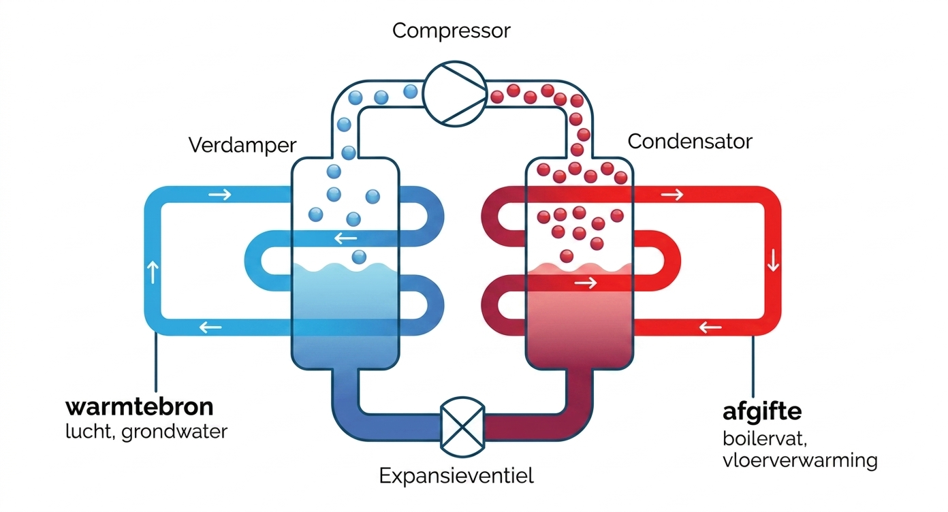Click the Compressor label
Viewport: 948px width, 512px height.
pos(451,31)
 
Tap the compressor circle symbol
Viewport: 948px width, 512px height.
pos(454,95)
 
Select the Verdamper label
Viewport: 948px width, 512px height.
pos(242,144)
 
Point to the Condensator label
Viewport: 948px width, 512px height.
pos(689,142)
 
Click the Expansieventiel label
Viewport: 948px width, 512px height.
pos(456,475)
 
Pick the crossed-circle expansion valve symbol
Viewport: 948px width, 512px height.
pos(462,427)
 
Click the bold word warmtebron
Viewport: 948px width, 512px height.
pos(140,407)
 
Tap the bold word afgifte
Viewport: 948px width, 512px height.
pos(761,412)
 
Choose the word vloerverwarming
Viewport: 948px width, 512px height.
pos(800,460)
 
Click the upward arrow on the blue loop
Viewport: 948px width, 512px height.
pos(151,272)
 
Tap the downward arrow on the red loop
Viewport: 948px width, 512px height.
pos(772,261)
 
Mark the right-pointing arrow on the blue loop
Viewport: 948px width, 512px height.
pos(220,195)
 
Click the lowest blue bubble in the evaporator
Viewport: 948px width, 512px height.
pos(359,257)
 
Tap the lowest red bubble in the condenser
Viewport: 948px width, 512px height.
pos(566,256)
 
